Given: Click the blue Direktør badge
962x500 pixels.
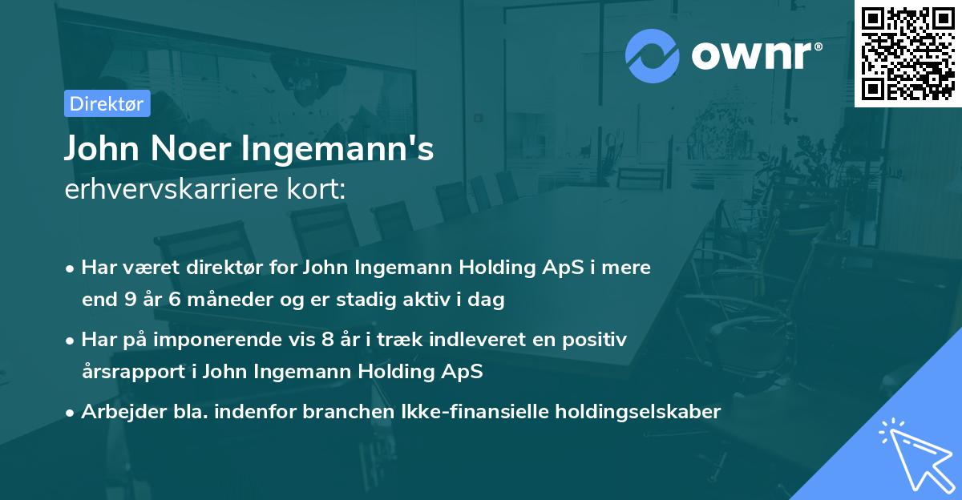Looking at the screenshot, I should pos(107,103).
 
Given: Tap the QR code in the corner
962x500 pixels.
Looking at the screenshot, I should pos(907,53).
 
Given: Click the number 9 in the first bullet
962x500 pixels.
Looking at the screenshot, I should pos(131,300).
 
